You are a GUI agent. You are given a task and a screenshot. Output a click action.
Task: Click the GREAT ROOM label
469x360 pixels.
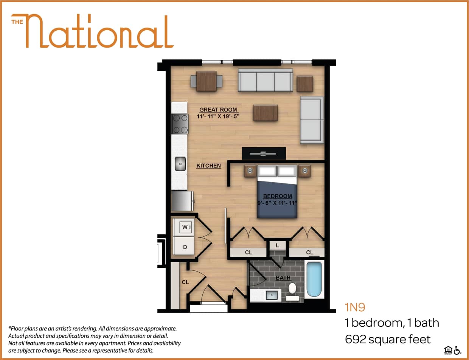tap(218, 110)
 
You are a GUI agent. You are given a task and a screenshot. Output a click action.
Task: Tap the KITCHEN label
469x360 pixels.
tap(208, 166)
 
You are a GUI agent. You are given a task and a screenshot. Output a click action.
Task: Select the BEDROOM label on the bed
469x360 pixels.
tap(277, 196)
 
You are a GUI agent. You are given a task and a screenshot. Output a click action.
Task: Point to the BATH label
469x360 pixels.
tap(283, 278)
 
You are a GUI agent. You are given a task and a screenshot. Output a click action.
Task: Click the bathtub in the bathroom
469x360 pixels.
tap(314, 279)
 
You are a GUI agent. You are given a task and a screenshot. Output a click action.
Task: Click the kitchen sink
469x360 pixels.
tap(180, 164)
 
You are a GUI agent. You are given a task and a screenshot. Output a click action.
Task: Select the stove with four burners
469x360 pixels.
tap(180, 124)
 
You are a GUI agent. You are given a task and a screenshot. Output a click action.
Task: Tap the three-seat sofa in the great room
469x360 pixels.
tap(265, 80)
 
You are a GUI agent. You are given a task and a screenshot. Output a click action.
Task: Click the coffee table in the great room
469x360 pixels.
tap(265, 113)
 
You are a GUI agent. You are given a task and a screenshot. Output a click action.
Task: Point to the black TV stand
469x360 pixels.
tap(264, 154)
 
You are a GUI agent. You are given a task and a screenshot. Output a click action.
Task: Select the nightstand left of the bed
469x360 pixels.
tap(250, 171)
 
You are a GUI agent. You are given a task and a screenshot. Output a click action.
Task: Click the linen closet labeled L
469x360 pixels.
tap(277, 245)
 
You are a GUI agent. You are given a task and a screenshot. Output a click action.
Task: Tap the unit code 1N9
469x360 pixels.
tap(354, 307)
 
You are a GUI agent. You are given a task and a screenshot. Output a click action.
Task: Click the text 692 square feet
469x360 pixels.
tap(387, 339)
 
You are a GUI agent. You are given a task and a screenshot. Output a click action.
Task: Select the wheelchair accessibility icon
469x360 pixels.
tap(458, 350)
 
